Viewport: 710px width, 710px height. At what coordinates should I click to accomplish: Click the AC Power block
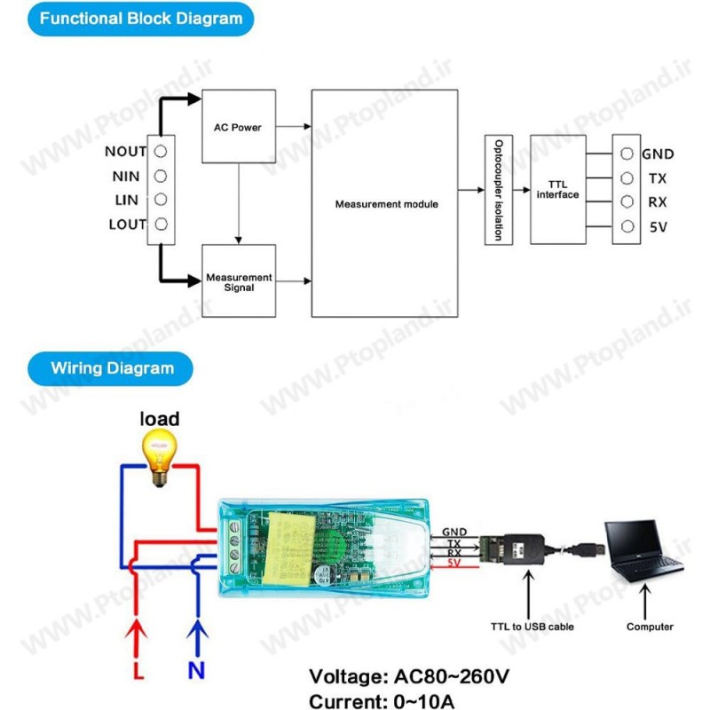point(238,126)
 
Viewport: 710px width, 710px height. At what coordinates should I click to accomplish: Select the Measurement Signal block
point(238,282)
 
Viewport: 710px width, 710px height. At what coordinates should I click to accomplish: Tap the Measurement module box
point(386,203)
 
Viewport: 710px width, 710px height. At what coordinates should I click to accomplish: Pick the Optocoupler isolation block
point(500,190)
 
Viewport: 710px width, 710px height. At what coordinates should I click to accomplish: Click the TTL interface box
point(557,189)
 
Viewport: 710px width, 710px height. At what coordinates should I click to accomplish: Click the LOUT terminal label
point(127,225)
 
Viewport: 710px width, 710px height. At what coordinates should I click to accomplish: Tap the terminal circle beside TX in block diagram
point(627,177)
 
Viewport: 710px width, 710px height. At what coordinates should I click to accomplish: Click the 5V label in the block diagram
point(659,227)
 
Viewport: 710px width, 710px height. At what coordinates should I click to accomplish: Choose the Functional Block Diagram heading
point(141,18)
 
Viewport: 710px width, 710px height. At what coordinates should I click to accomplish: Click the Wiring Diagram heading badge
point(112,367)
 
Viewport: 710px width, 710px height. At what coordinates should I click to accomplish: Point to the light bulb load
point(160,455)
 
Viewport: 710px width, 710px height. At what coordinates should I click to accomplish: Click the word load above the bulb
point(160,418)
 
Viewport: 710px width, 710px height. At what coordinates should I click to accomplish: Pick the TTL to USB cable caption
point(532,627)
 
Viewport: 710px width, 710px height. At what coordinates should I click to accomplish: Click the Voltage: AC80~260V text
point(409,677)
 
